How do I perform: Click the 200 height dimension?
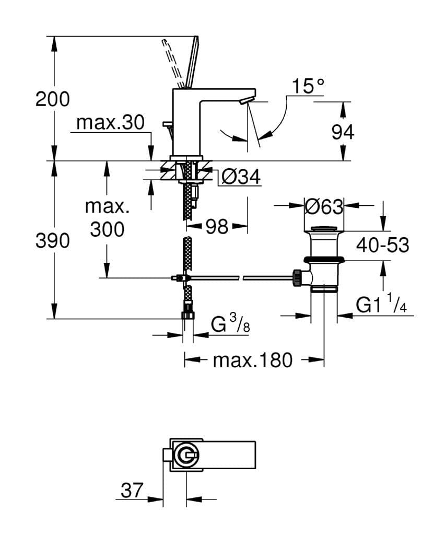52,99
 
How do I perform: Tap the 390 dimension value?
52,241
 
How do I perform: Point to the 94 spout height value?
343,133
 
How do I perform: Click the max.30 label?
110,123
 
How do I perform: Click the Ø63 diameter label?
324,207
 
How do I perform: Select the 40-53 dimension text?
383,245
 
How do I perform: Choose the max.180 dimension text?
253,360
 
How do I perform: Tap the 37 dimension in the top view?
132,490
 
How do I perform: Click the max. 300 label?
107,217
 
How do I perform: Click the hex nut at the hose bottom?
187,315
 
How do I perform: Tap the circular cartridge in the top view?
186,456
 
